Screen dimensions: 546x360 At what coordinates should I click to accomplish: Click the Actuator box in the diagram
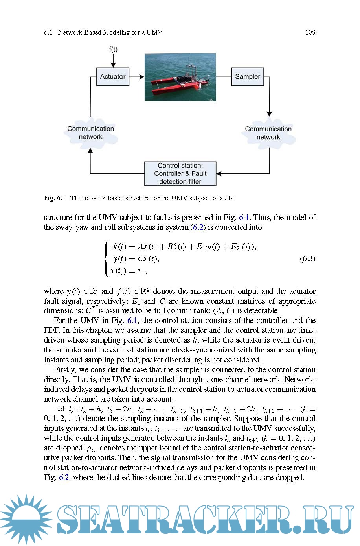pyautogui.click(x=113, y=77)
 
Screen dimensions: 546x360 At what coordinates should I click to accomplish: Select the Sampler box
pyautogui.click(x=248, y=77)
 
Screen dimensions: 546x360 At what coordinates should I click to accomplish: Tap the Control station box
pyautogui.click(x=180, y=173)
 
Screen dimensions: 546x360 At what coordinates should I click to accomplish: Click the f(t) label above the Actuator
pyautogui.click(x=113, y=49)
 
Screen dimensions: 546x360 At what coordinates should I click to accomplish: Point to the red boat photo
pyautogui.click(x=180, y=77)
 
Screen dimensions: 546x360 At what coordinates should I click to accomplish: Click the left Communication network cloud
pyautogui.click(x=90, y=133)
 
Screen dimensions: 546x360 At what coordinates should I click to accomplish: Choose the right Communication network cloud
pyautogui.click(x=268, y=133)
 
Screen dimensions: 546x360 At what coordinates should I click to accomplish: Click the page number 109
pyautogui.click(x=310, y=33)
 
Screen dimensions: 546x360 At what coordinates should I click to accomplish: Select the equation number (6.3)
pyautogui.click(x=307, y=258)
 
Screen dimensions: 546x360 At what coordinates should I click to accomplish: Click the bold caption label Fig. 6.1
pyautogui.click(x=55, y=198)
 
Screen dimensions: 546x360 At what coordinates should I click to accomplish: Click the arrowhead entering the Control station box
pyautogui.click(x=219, y=173)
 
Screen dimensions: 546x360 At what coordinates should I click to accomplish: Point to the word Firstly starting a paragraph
pyautogui.click(x=64, y=369)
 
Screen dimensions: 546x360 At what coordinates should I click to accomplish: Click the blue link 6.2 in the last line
pyautogui.click(x=64, y=477)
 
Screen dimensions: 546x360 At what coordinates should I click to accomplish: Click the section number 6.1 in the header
pyautogui.click(x=48, y=33)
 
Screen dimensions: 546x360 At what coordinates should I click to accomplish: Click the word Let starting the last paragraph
pyautogui.click(x=59, y=409)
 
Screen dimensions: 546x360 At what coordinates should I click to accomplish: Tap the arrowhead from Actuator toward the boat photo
pyautogui.click(x=142, y=77)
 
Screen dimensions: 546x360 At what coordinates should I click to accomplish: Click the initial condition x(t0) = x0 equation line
pyautogui.click(x=129, y=271)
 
